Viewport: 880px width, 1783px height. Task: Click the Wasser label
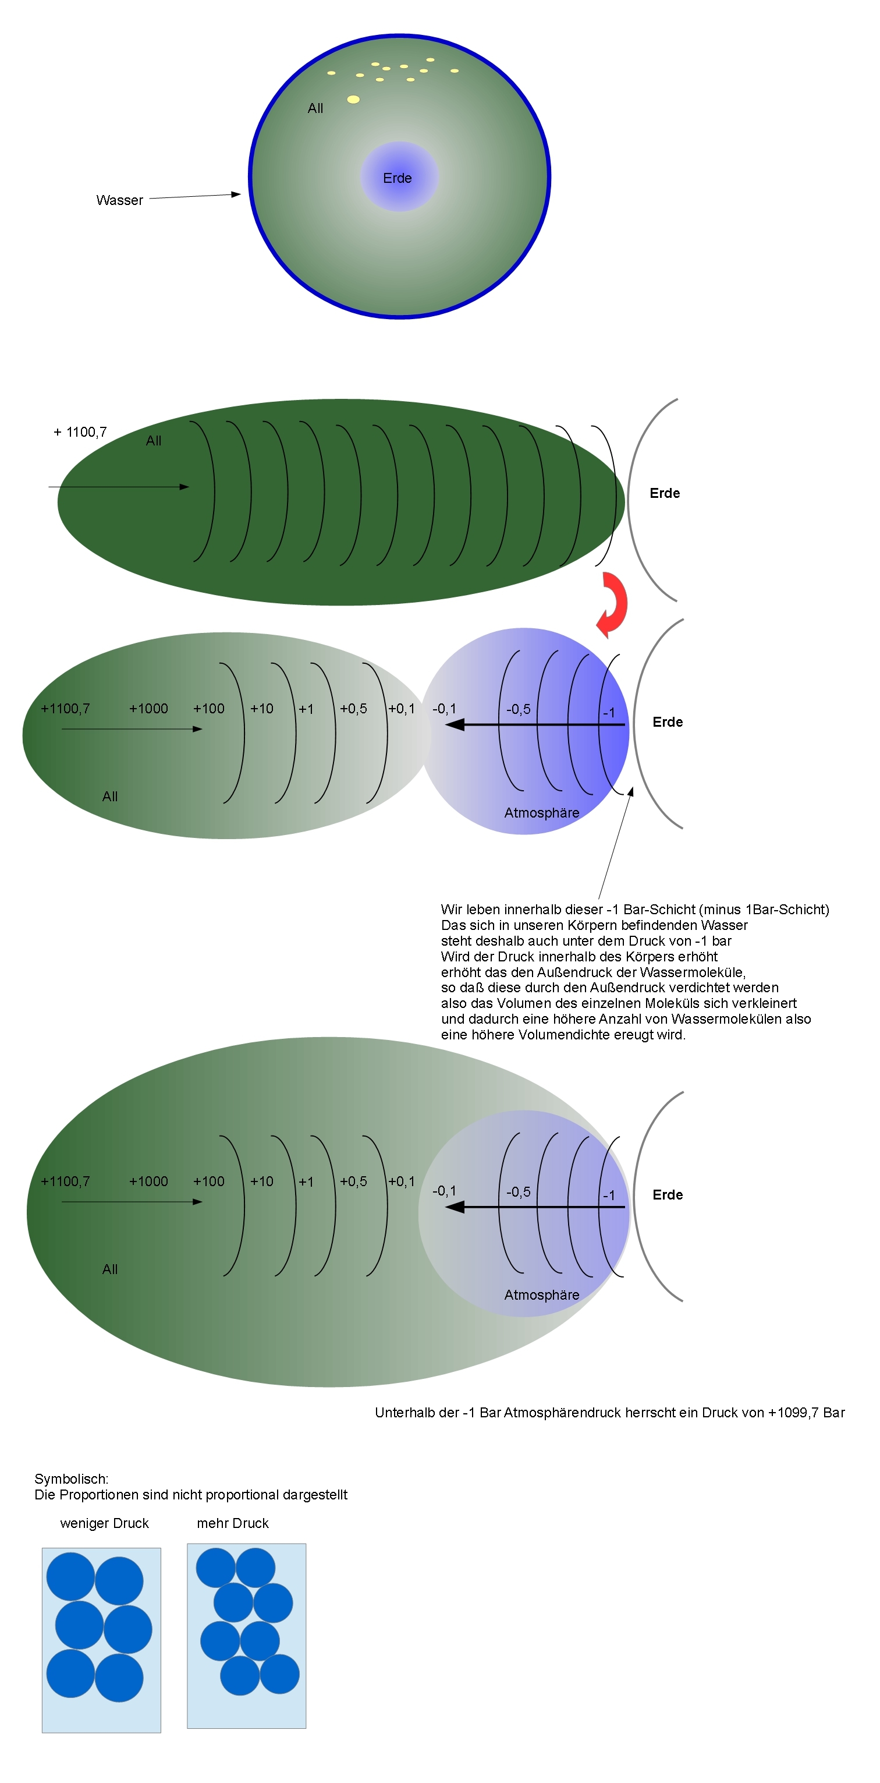point(120,200)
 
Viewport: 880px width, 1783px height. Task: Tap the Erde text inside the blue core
point(397,178)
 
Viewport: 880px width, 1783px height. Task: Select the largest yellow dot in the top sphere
point(353,99)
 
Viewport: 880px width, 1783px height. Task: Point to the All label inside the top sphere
point(315,108)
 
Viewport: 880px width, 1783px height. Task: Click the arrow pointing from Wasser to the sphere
point(195,197)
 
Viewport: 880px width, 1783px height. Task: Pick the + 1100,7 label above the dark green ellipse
point(80,432)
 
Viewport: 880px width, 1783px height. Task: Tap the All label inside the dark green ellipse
point(154,440)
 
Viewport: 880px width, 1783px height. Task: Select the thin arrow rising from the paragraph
point(616,843)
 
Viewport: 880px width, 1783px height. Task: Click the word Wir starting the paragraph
point(451,910)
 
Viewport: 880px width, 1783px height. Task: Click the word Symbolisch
point(71,1478)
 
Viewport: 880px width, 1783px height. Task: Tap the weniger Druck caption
point(104,1523)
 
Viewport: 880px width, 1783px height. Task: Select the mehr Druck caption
point(232,1523)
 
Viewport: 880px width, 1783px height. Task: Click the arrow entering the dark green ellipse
point(118,487)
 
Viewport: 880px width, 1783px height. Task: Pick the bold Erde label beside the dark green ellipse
point(664,493)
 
